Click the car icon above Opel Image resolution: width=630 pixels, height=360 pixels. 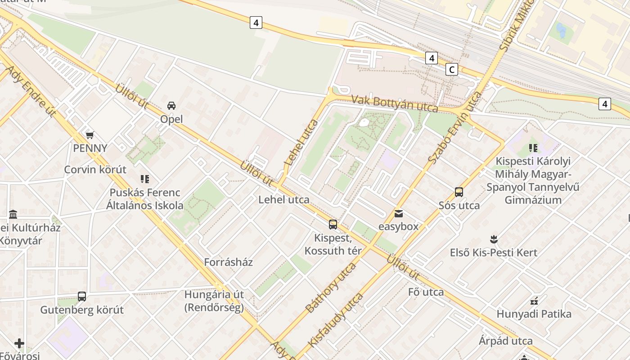pos(171,106)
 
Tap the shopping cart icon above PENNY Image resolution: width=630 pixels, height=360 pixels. pos(90,135)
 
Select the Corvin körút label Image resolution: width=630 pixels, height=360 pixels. pos(95,170)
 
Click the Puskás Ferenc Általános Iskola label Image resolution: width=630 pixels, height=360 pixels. pos(145,199)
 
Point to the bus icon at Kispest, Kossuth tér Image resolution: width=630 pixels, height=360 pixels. pos(333,224)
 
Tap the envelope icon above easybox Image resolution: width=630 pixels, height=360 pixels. pos(398,213)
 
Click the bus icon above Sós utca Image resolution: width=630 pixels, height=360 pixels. pos(459,192)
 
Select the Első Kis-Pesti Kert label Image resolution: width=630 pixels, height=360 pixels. pos(494,252)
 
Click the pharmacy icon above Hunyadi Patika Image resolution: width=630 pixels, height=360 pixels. pos(534,301)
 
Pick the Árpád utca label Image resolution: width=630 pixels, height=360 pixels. pos(506,341)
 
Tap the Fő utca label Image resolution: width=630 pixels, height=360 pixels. pos(426,292)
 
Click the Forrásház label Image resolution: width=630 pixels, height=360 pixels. pos(229,262)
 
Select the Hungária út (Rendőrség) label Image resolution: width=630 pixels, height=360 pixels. pos(214,301)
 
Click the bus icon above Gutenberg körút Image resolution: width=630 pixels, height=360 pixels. pos(82,297)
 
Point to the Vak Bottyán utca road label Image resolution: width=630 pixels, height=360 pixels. pos(395,103)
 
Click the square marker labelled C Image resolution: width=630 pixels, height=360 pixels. pos(451,69)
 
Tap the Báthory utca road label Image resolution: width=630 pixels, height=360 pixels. pos(330,288)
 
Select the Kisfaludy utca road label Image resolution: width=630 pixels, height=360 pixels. pos(335,319)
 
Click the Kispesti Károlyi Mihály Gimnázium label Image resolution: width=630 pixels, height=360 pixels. pos(533,180)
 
